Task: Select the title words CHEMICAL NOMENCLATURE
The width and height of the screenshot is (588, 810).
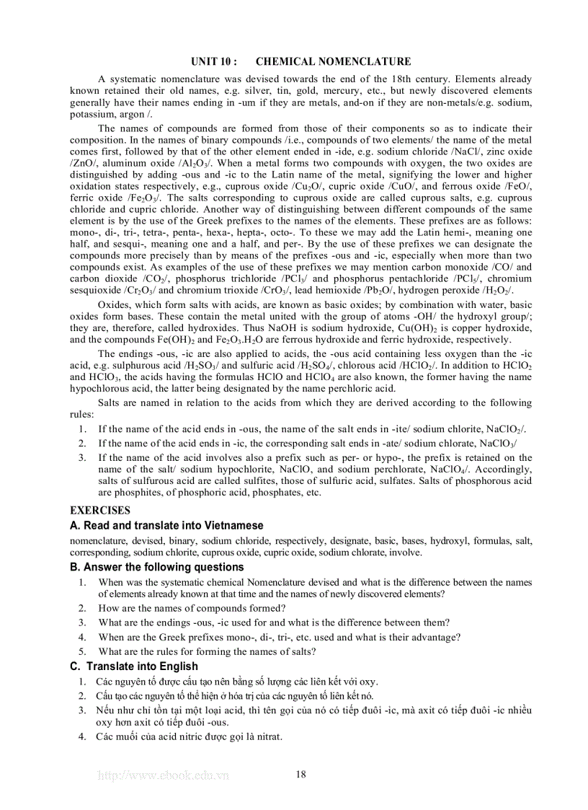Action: tap(333, 62)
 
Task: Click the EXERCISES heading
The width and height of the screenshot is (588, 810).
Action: tap(100, 510)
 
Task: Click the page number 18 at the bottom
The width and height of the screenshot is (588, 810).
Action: tap(301, 775)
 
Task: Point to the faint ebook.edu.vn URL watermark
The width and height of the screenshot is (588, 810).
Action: tap(163, 775)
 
